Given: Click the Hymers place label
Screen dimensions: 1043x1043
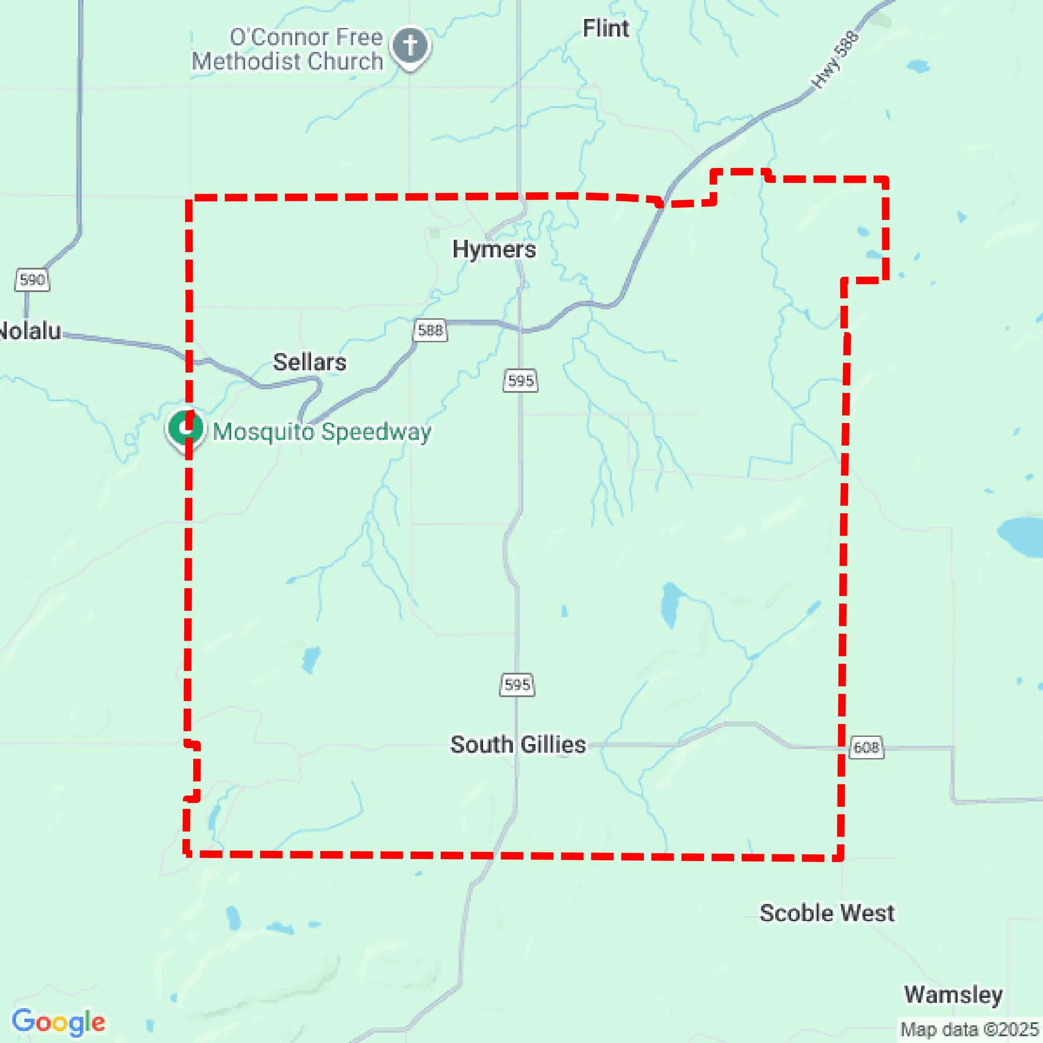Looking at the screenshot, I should [x=494, y=249].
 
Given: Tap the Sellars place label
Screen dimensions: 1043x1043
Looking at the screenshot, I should [x=309, y=362].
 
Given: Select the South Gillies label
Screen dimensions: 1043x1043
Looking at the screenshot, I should [x=518, y=745].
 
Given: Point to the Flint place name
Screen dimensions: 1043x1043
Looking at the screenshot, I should [x=606, y=28].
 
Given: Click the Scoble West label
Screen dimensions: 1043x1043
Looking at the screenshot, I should [x=827, y=913].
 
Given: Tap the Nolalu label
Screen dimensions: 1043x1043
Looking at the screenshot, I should [x=30, y=331].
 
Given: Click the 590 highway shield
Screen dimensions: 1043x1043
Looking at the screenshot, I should [x=33, y=279].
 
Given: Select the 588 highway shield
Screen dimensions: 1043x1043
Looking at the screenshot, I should [x=431, y=330].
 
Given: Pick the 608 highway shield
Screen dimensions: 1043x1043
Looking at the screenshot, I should [x=866, y=748].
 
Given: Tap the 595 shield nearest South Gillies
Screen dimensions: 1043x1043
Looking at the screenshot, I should [x=517, y=685].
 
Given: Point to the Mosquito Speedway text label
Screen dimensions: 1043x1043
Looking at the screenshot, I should [x=322, y=432].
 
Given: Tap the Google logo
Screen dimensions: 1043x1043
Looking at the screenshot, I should [x=58, y=1021].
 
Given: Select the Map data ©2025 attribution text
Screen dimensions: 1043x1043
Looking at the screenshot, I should [x=969, y=1029].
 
